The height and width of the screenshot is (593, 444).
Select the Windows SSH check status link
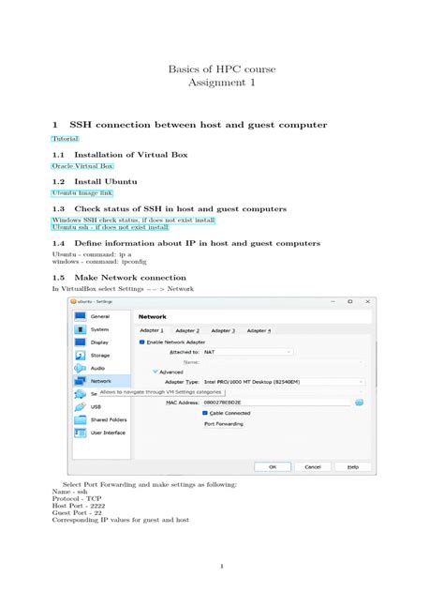pyautogui.click(x=134, y=220)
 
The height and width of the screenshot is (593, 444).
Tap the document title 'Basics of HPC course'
pyautogui.click(x=221, y=69)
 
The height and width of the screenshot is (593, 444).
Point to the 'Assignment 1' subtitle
pyautogui.click(x=221, y=84)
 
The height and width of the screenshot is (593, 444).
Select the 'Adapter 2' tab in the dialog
pyautogui.click(x=187, y=330)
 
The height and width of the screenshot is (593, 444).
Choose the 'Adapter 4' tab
pyautogui.click(x=259, y=330)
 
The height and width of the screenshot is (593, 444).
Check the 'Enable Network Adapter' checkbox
pyautogui.click(x=142, y=342)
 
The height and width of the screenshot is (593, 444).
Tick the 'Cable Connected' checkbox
pyautogui.click(x=205, y=413)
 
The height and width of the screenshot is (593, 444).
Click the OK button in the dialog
pyautogui.click(x=273, y=466)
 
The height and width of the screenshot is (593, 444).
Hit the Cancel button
pyautogui.click(x=313, y=466)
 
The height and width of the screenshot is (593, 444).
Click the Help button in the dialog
pyautogui.click(x=352, y=466)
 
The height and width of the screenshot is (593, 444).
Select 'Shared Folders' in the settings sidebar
pyautogui.click(x=109, y=419)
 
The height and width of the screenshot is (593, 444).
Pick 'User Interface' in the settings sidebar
pyautogui.click(x=108, y=433)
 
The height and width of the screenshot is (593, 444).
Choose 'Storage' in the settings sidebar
pyautogui.click(x=99, y=355)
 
